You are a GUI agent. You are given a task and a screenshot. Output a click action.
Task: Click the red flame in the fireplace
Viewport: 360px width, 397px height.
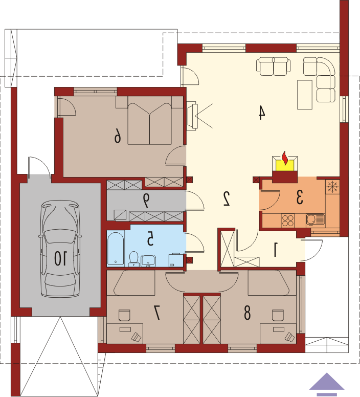click(x=285, y=159)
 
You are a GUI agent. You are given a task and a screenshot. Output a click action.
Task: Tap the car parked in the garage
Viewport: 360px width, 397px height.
click(x=60, y=248)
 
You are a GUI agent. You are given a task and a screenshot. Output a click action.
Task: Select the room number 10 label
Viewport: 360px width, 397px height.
click(x=61, y=258)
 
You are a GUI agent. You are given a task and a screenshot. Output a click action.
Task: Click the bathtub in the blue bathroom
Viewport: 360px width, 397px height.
click(x=116, y=248)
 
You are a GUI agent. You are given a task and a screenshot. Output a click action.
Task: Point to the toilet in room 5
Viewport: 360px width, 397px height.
click(x=133, y=259)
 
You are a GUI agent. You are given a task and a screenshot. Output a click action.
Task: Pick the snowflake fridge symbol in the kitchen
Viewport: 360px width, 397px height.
click(x=332, y=187)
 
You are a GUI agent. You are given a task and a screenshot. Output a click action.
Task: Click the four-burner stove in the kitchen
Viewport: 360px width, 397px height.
click(x=288, y=220)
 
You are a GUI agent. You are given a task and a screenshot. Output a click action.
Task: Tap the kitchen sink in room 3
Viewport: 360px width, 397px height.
click(x=316, y=220)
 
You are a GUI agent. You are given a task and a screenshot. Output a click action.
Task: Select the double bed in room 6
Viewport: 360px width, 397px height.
click(x=149, y=124)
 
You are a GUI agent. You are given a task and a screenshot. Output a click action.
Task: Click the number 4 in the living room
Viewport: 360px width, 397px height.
click(x=261, y=113)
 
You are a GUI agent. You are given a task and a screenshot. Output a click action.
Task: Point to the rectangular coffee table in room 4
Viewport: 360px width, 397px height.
click(x=305, y=95)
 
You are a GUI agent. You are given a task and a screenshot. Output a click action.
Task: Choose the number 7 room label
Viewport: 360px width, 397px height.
click(x=157, y=313)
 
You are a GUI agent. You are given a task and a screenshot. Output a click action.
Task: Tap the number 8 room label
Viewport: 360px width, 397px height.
click(x=247, y=313)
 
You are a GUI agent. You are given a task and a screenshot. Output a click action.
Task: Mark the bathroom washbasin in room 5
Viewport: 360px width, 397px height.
click(x=148, y=261)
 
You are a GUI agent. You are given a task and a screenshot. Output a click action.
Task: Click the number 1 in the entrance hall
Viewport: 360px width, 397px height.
click(x=276, y=250)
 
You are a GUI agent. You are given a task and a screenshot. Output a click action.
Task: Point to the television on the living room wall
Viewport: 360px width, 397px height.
click(x=192, y=117)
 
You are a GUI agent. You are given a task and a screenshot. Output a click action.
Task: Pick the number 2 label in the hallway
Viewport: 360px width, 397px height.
click(x=227, y=198)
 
